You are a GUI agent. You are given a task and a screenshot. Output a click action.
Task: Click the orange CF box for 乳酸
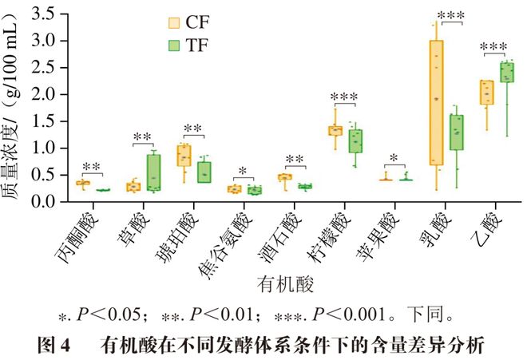tap(436, 102)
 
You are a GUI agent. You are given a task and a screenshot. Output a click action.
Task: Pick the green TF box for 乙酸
tap(506, 72)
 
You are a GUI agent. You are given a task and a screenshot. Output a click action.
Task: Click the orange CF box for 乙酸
tap(485, 92)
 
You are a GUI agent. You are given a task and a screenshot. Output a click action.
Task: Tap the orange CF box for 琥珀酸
tap(184, 155)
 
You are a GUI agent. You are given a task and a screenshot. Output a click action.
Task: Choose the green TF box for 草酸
tap(153, 172)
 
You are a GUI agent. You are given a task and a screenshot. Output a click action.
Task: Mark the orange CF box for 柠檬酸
tap(335, 130)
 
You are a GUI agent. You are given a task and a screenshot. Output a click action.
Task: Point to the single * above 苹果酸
tap(395, 159)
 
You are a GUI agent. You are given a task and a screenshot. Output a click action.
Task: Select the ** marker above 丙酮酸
tap(92, 166)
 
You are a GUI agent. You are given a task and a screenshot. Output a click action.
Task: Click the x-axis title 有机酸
tap(285, 283)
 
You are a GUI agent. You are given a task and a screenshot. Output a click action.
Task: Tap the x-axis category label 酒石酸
tap(291, 232)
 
